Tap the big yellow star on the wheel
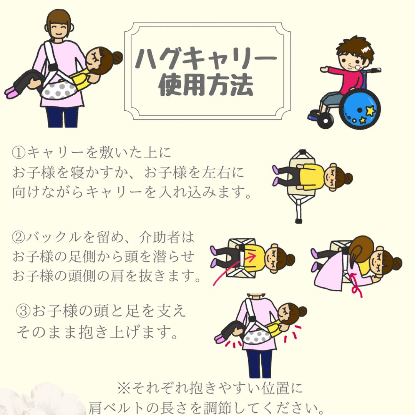point(370,111)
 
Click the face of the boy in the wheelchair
point(352,60)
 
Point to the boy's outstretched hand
point(324,70)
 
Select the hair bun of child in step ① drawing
point(348,178)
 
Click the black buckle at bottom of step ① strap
point(299,221)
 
